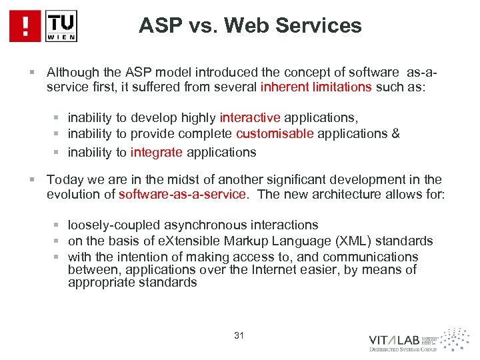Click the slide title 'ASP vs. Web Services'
coord(250,26)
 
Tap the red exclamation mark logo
coord(25,27)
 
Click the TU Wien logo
coord(61,27)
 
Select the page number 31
coord(239,335)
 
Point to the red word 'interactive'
coord(250,118)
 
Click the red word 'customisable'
coord(275,134)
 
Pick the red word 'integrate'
coord(157,153)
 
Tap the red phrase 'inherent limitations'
coord(316,87)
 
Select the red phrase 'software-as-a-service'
coord(182,195)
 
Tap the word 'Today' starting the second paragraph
coord(63,180)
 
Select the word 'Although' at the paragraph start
coord(71,72)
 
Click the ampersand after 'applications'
coord(396,134)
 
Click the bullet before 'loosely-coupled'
coord(59,225)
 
